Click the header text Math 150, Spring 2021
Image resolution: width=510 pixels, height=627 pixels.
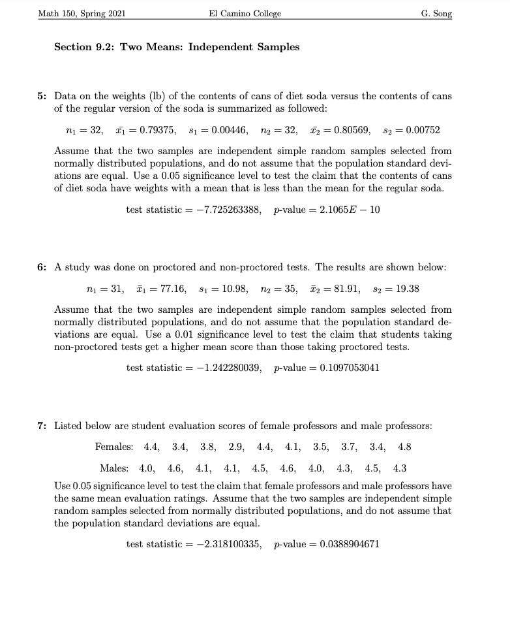coord(83,14)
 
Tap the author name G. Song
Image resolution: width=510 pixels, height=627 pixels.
coord(437,14)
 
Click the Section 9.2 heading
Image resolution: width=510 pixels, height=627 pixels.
coord(177,47)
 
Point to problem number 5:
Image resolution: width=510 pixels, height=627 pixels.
coord(42,96)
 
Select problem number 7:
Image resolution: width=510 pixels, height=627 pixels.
coord(42,426)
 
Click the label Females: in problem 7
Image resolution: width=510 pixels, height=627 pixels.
coord(114,447)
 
